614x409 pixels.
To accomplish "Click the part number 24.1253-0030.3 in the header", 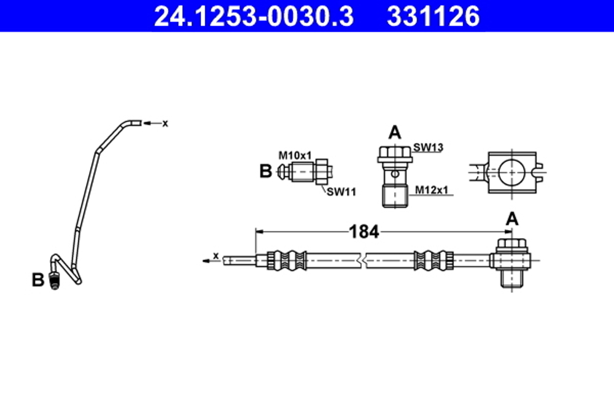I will click(253, 17).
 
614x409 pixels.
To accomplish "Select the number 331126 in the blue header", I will click(433, 17).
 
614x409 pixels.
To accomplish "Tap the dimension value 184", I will click(364, 232).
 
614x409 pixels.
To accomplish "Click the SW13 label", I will click(428, 147).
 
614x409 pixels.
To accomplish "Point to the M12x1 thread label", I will click(432, 190).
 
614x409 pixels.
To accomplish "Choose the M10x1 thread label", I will click(296, 155).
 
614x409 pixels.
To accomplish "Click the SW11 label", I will click(341, 191).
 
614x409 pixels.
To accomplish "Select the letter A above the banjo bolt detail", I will click(395, 132).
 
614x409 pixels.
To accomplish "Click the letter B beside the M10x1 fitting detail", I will click(265, 171).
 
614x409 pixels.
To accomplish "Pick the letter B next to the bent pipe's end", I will click(38, 280).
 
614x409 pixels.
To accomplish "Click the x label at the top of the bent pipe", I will click(165, 123).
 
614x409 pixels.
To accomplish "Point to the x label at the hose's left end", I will click(216, 254).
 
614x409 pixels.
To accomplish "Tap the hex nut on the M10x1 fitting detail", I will click(322, 171).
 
